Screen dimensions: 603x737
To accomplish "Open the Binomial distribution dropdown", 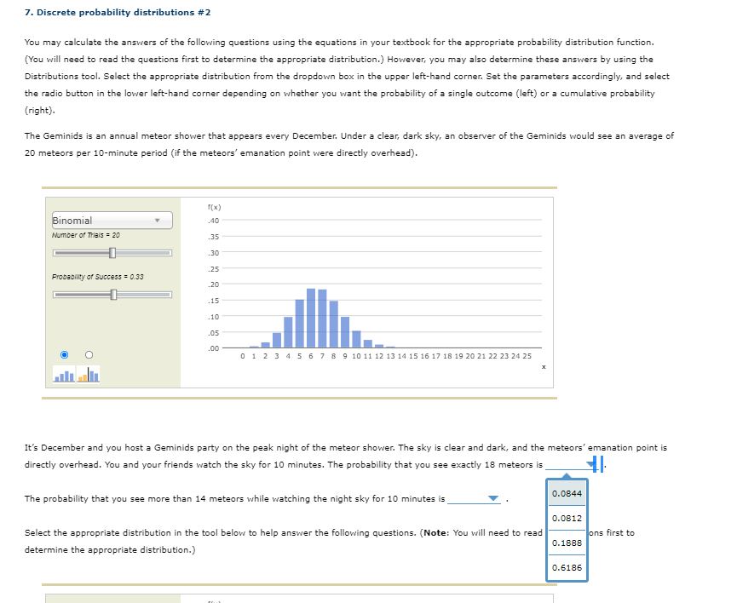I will click(112, 221).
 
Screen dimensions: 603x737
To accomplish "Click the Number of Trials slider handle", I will click(112, 253).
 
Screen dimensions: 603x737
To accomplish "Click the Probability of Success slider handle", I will click(112, 295).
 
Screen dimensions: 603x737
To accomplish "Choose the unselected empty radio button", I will click(87, 354).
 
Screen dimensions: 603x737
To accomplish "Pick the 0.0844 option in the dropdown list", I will click(567, 493).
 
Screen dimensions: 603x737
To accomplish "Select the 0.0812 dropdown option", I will click(567, 518).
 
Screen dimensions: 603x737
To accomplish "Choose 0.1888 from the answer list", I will click(567, 543).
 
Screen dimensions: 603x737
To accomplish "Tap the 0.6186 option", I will click(567, 567).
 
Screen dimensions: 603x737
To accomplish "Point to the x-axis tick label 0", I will click(243, 355).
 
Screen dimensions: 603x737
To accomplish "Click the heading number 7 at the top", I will click(27, 13).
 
